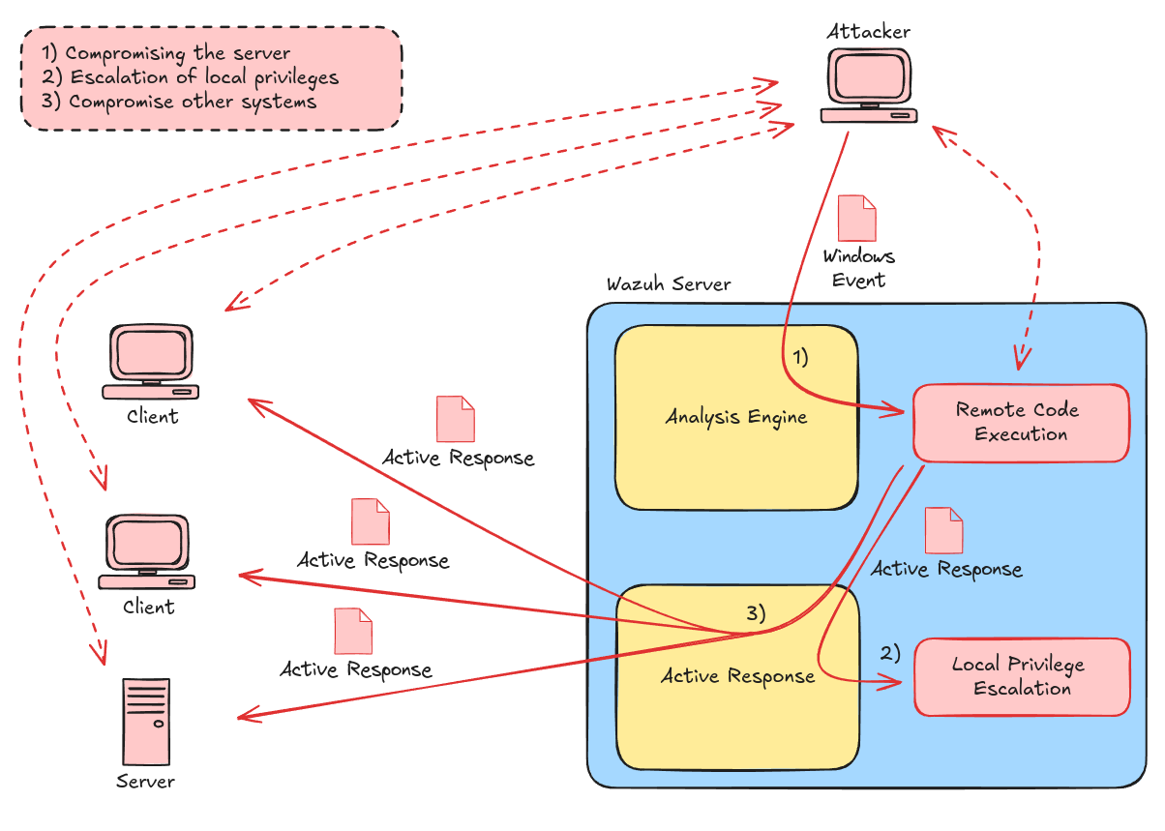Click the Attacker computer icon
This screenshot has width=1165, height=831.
pyautogui.click(x=868, y=86)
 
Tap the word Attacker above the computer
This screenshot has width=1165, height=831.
pyautogui.click(x=868, y=31)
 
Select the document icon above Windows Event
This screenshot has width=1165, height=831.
pyautogui.click(x=856, y=219)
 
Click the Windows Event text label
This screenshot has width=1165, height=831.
pyautogui.click(x=858, y=268)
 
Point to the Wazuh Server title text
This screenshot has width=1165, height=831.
pyautogui.click(x=669, y=284)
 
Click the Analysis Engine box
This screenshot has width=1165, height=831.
pyautogui.click(x=736, y=417)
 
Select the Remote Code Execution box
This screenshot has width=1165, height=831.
pyautogui.click(x=1021, y=423)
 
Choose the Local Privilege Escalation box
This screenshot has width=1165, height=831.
pyautogui.click(x=1022, y=677)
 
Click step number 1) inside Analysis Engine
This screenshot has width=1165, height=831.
pyautogui.click(x=800, y=357)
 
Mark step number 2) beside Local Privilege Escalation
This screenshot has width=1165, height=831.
pyautogui.click(x=890, y=653)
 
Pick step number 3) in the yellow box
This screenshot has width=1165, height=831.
pyautogui.click(x=756, y=612)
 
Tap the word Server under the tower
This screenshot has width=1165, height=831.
pyautogui.click(x=146, y=781)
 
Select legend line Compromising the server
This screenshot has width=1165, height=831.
pyautogui.click(x=166, y=54)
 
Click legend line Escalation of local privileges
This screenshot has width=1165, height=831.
pyautogui.click(x=191, y=77)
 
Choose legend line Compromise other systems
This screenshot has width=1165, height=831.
pyautogui.click(x=179, y=102)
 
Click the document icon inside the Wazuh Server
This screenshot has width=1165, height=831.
pyautogui.click(x=943, y=530)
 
